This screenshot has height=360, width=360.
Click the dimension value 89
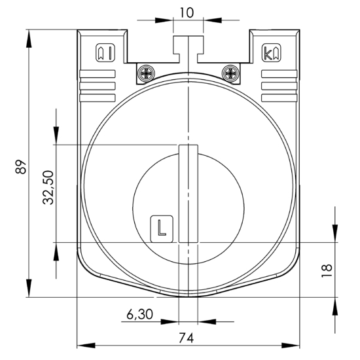pos(21,167)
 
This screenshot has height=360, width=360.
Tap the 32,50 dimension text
pos(48,187)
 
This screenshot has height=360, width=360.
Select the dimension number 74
pos(186,338)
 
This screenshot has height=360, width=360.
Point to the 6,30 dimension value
pos(140,314)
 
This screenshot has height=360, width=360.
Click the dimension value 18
pos(327,271)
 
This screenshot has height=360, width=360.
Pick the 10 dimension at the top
pos(187,12)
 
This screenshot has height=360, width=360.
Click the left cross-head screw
pos(146,74)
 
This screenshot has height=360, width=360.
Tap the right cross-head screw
pos(230,73)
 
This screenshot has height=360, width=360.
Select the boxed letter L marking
pos(162,228)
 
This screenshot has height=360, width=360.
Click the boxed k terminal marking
pos(272,52)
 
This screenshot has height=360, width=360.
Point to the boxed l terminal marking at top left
pos(105,52)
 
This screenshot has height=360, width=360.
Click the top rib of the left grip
pos(98,74)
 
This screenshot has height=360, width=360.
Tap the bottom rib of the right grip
pos(279,98)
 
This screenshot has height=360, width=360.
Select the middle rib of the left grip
pos(98,86)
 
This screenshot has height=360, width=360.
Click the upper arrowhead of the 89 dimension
pos(29,39)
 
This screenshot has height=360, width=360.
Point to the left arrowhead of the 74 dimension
pos(86,345)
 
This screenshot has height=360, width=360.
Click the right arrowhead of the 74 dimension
pos(291,345)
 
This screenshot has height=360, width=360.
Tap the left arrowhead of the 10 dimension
pos(164,20)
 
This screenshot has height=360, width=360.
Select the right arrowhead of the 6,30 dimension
pos(207,321)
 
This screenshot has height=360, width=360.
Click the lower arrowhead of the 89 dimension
pos(29,288)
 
